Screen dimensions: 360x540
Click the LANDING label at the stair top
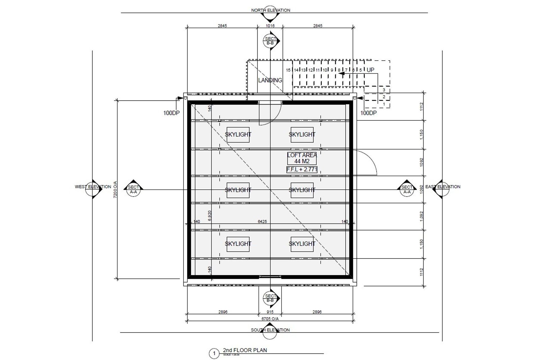click(x=270, y=80)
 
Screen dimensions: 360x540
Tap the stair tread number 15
click(x=288, y=70)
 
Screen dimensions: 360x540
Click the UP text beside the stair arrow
click(x=370, y=70)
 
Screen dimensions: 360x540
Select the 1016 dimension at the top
click(x=270, y=26)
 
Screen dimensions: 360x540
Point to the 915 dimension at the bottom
click(x=270, y=312)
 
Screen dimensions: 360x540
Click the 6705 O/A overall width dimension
click(x=270, y=319)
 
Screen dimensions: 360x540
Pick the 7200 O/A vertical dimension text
click(x=115, y=189)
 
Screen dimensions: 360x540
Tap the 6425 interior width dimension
click(x=262, y=222)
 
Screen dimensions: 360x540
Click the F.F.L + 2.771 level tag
click(x=302, y=169)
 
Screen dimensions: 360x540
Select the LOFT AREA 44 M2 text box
click(x=302, y=158)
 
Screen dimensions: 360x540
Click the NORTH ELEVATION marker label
click(x=271, y=10)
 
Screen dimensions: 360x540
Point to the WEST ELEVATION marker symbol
click(x=93, y=189)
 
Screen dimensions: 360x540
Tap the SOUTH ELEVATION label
click(x=270, y=330)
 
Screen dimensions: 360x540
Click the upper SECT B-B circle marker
click(x=270, y=41)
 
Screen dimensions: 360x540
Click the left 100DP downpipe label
click(x=171, y=113)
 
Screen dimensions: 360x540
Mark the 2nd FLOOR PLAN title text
click(x=245, y=350)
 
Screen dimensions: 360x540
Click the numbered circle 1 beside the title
click(x=214, y=354)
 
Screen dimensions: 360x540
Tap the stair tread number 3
click(x=384, y=90)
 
